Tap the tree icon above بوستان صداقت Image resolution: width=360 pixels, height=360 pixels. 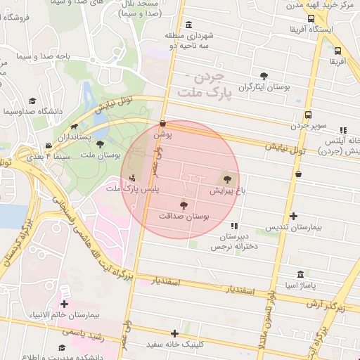coord(184,205)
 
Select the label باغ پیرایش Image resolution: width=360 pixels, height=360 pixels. coord(226,191)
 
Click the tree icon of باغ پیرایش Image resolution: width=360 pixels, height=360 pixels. coord(226,179)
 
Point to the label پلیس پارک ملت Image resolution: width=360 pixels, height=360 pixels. coord(133,189)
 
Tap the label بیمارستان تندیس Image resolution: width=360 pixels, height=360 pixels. coord(293,228)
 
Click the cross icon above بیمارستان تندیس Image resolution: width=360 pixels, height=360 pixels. coord(293,216)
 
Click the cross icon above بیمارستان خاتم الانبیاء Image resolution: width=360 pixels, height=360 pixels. coord(64,304)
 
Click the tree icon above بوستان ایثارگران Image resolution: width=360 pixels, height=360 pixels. coord(264,76)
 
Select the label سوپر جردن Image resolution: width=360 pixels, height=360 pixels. coord(308,127)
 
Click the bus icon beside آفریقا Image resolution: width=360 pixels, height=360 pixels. coord(337,51)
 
